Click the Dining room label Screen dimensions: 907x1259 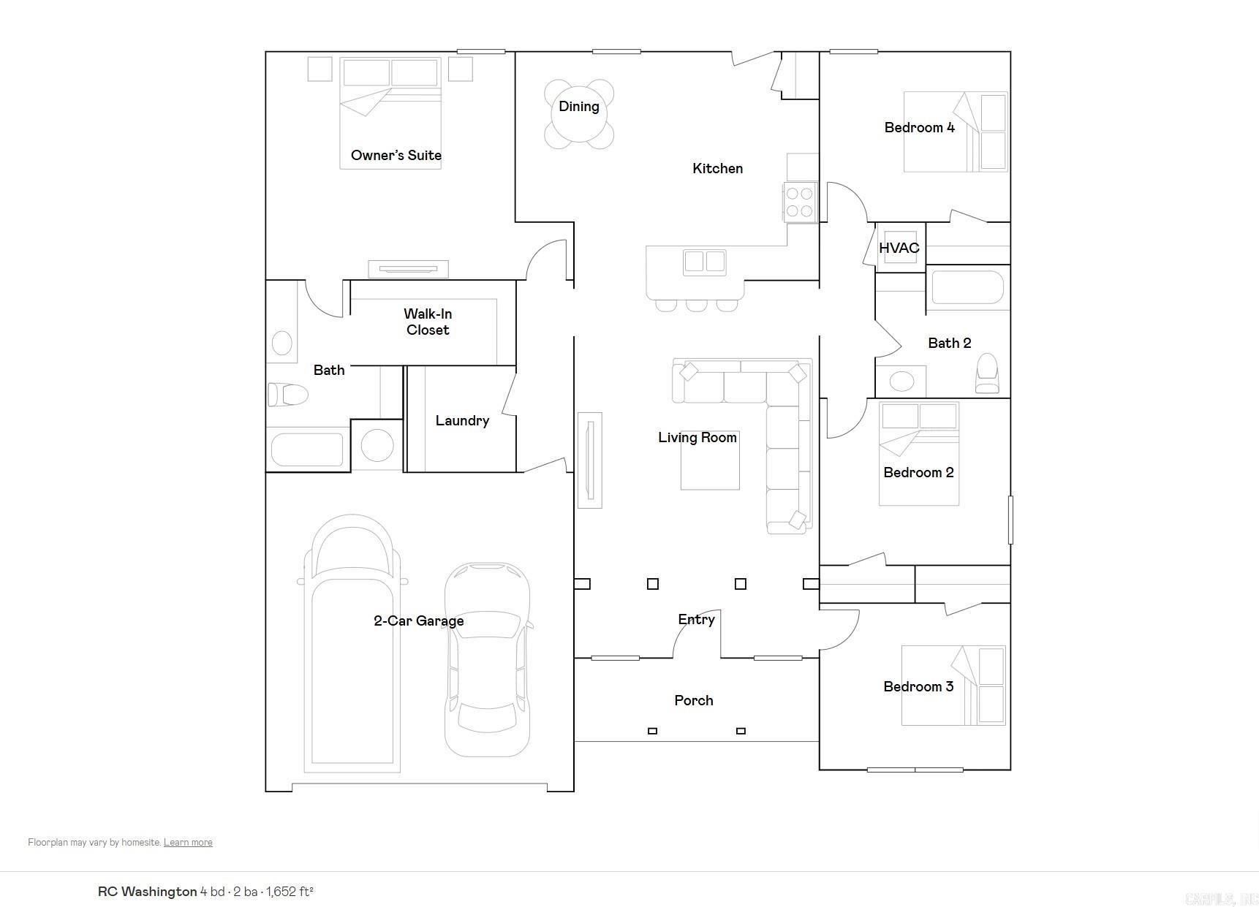(578, 107)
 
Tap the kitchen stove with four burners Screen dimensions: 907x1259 (799, 202)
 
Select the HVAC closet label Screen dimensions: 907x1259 (899, 248)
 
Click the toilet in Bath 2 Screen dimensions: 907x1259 (987, 373)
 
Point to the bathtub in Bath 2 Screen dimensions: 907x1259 (967, 288)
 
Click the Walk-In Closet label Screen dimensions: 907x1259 (428, 322)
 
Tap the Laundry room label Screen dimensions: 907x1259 (461, 420)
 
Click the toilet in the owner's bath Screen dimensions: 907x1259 (288, 395)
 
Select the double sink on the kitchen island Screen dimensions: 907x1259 (705, 262)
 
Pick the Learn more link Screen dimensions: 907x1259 (188, 843)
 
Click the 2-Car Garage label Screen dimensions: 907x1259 (418, 621)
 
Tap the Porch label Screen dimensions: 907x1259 (693, 700)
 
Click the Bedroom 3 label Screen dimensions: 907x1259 (918, 686)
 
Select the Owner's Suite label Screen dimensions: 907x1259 (396, 155)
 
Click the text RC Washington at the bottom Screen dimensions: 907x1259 (147, 892)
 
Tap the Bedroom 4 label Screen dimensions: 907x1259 (919, 128)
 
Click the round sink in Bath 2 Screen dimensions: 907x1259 (901, 381)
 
